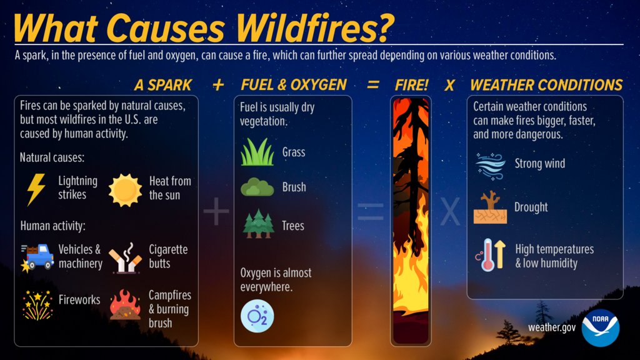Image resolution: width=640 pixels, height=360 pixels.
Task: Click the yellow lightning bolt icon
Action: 36,189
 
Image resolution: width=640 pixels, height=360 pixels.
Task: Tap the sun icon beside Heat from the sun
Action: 125,190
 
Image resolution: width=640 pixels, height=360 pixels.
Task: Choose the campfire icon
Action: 125,304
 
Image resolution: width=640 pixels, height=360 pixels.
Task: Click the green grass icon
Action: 257,152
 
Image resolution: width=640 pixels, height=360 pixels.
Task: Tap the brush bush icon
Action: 257,187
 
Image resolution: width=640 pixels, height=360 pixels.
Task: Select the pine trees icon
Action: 257,224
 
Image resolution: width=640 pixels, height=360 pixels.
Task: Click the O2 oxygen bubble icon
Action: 257,316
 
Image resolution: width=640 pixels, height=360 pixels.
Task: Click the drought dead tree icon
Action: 490,207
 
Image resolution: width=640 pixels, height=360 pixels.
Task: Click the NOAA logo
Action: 599,327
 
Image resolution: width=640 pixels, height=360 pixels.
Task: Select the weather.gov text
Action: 551,327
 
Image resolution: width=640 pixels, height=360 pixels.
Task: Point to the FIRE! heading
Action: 411,85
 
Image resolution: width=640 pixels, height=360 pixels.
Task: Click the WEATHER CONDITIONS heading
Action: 546,85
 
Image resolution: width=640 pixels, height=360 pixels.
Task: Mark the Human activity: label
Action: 52,226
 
